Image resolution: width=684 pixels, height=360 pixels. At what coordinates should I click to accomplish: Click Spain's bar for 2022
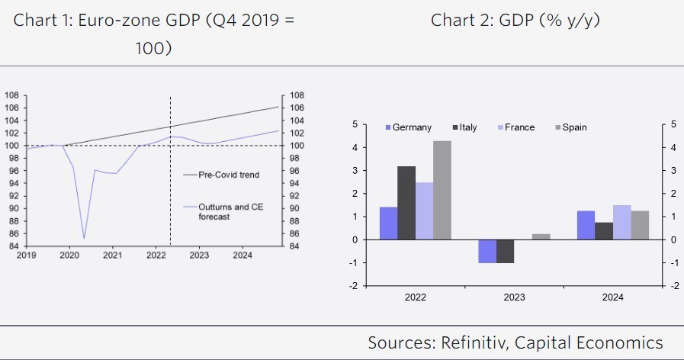(x=442, y=190)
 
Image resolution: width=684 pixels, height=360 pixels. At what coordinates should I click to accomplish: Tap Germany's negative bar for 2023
(x=487, y=251)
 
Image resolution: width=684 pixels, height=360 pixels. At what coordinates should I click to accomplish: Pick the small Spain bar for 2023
(x=540, y=236)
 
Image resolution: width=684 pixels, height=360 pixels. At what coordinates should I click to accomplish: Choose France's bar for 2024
(x=621, y=222)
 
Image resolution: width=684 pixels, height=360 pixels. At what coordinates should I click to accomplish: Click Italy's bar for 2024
(x=602, y=230)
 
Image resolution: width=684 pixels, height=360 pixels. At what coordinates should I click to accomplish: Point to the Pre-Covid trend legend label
(x=228, y=175)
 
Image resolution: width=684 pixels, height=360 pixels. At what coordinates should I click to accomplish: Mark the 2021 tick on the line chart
(x=112, y=256)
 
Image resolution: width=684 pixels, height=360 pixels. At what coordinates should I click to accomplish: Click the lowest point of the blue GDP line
(x=84, y=238)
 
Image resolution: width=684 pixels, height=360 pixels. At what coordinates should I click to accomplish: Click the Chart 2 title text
(x=515, y=20)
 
